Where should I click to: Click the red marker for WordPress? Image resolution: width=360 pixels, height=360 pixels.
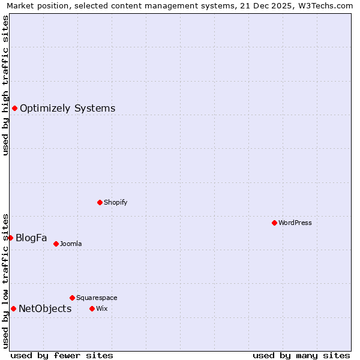coord(274,223)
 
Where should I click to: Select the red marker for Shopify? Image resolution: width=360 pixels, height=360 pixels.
coord(100,202)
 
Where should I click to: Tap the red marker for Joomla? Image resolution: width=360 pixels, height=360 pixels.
coord(56,244)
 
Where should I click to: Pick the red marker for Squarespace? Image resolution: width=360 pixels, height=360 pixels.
coord(72,298)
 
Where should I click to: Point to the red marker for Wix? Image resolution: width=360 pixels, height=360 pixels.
coord(92,308)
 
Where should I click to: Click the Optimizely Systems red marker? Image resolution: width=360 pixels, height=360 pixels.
coord(14,108)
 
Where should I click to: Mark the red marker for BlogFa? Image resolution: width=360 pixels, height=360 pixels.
coord(10,238)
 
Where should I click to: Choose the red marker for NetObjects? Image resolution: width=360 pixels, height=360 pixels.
coord(13,308)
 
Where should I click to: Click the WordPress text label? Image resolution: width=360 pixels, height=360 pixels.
coord(295,223)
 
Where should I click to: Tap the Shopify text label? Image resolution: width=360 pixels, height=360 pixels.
coord(116,202)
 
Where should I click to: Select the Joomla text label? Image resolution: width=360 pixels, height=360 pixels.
coord(71,244)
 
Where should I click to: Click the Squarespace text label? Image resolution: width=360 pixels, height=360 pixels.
coord(97,298)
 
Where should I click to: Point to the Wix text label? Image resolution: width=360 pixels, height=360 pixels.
coord(101,308)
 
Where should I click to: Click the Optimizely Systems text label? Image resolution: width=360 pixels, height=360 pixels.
coord(67,109)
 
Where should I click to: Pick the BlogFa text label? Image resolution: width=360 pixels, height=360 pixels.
coord(31,238)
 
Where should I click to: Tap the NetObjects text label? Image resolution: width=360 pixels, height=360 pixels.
coord(45,309)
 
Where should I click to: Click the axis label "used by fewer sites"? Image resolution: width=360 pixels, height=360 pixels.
coord(62,355)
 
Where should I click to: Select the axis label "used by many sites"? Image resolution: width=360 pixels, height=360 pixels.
coord(301,355)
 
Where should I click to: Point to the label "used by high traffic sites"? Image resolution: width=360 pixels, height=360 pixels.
coord(6,85)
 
